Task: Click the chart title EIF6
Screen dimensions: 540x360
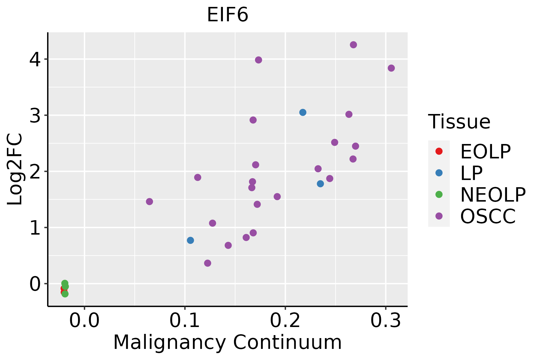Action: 227,15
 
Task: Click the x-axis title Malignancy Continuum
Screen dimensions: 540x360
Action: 227,343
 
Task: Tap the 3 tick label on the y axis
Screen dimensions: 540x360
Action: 35,115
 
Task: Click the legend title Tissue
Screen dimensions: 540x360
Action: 459,121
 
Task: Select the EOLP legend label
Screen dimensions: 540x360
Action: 485,151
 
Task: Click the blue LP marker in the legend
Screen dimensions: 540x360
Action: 439,173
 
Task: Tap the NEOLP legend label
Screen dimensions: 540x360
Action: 493,195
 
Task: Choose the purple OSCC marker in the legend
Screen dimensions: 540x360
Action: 439,216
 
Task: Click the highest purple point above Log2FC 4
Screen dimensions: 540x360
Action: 353,45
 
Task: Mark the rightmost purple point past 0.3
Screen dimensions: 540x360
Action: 391,68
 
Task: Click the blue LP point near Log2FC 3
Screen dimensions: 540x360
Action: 303,112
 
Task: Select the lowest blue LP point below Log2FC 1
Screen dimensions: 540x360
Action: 190,240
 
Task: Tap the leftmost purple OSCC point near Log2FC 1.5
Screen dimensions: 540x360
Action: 149,202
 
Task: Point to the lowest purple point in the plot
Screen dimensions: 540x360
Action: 208,263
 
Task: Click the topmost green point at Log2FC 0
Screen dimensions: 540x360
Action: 64,283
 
